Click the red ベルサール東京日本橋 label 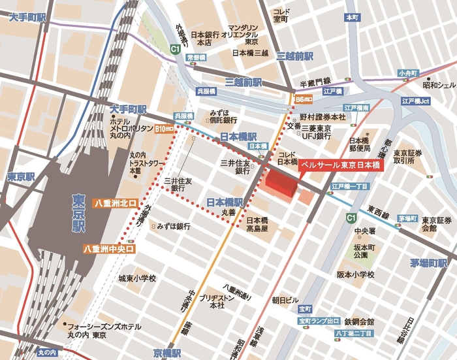tap(341, 166)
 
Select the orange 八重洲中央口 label tap(109, 249)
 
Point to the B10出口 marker tap(165, 129)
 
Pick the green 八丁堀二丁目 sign tap(353, 334)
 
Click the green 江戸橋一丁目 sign tap(351, 186)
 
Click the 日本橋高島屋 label tap(257, 224)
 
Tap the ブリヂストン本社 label tap(213, 301)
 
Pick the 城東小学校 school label tap(136, 279)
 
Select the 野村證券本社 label tap(323, 116)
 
